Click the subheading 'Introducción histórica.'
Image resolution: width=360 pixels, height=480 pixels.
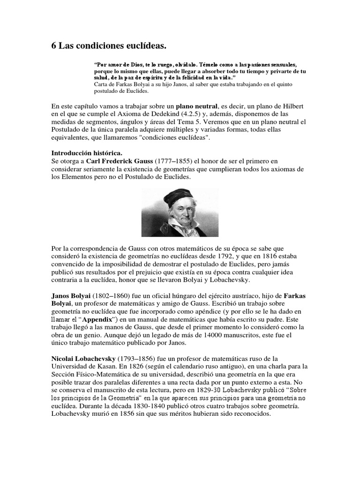[87, 153]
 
